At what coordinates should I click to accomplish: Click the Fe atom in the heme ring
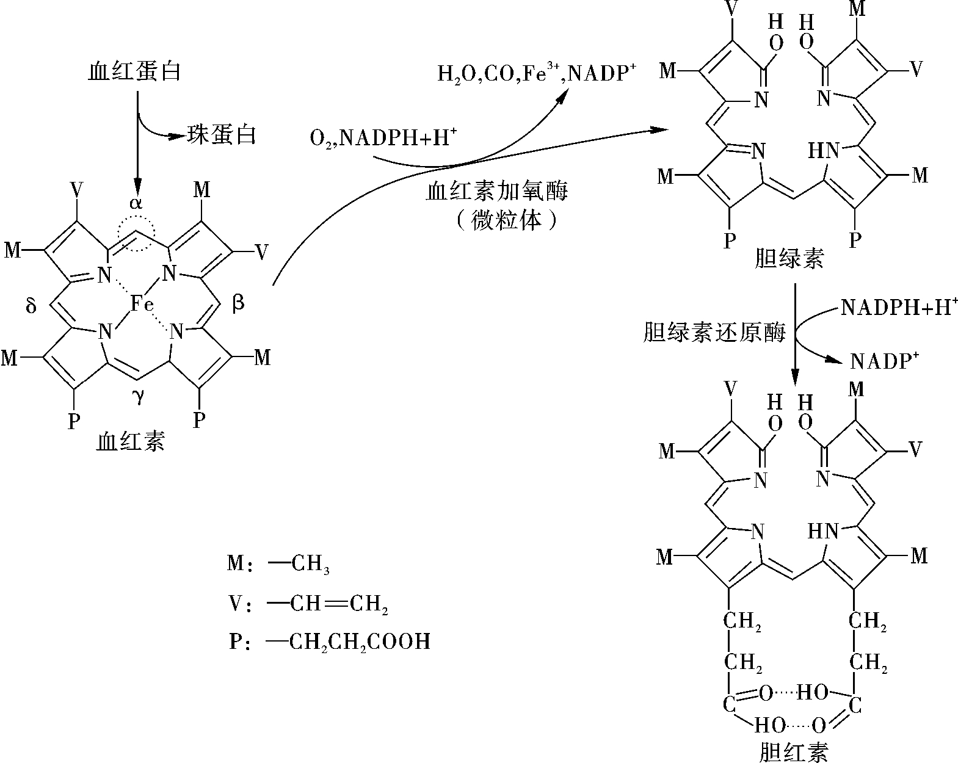[142, 304]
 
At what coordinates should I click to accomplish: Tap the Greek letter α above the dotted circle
[136, 203]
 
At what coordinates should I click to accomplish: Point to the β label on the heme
[238, 303]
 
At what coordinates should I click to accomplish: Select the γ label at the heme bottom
[139, 396]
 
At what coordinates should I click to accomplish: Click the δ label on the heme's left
[31, 305]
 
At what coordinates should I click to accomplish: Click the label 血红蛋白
[134, 71]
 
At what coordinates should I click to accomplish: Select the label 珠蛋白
[221, 134]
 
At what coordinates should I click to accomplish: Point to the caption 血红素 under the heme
[131, 441]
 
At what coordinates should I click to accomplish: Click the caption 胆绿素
[789, 259]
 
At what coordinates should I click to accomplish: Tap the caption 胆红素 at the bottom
[793, 752]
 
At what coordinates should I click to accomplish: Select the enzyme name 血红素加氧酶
[497, 192]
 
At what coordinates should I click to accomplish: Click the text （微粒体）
[507, 221]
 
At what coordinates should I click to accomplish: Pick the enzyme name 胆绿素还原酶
[714, 333]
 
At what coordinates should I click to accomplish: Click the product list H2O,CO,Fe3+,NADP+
[537, 73]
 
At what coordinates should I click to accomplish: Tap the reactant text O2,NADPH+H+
[383, 137]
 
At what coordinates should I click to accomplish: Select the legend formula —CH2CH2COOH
[348, 642]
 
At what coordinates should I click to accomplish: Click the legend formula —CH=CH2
[328, 604]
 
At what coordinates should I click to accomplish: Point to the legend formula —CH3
[299, 564]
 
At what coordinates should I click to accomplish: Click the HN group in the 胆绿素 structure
[824, 151]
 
